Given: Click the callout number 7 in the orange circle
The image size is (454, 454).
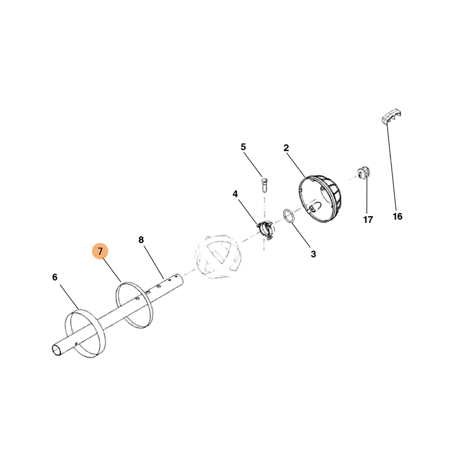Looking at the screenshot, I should [x=100, y=251].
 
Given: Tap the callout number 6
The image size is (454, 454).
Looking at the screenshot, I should [x=54, y=278].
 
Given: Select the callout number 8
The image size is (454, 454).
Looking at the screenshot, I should [x=141, y=240].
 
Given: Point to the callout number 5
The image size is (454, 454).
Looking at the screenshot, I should [x=243, y=147].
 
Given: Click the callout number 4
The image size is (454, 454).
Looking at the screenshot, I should [x=235, y=194].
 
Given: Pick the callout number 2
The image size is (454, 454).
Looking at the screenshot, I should [x=287, y=148].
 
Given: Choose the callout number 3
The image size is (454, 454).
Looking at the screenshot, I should [x=313, y=254].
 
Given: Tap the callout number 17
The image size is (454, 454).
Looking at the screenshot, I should [x=368, y=220].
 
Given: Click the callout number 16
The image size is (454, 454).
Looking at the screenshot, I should [x=397, y=216].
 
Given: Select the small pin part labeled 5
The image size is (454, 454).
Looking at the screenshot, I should [x=263, y=186].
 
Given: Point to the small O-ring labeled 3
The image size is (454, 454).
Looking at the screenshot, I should [x=289, y=216].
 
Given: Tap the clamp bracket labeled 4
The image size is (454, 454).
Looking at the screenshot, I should [x=265, y=230].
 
